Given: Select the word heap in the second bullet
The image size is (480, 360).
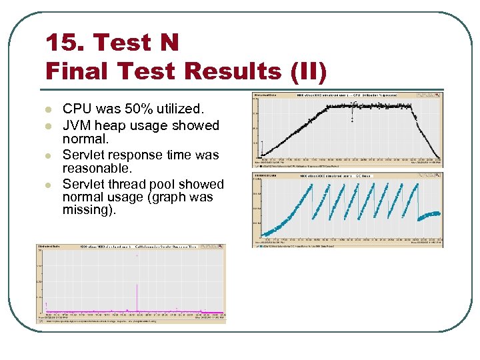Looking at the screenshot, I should pyautogui.click(x=115, y=125).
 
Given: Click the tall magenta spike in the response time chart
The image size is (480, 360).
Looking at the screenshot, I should pyautogui.click(x=137, y=297).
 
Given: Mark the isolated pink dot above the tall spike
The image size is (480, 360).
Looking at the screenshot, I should pyautogui.click(x=137, y=255).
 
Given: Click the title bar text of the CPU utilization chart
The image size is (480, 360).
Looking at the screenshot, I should pyautogui.click(x=347, y=95).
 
